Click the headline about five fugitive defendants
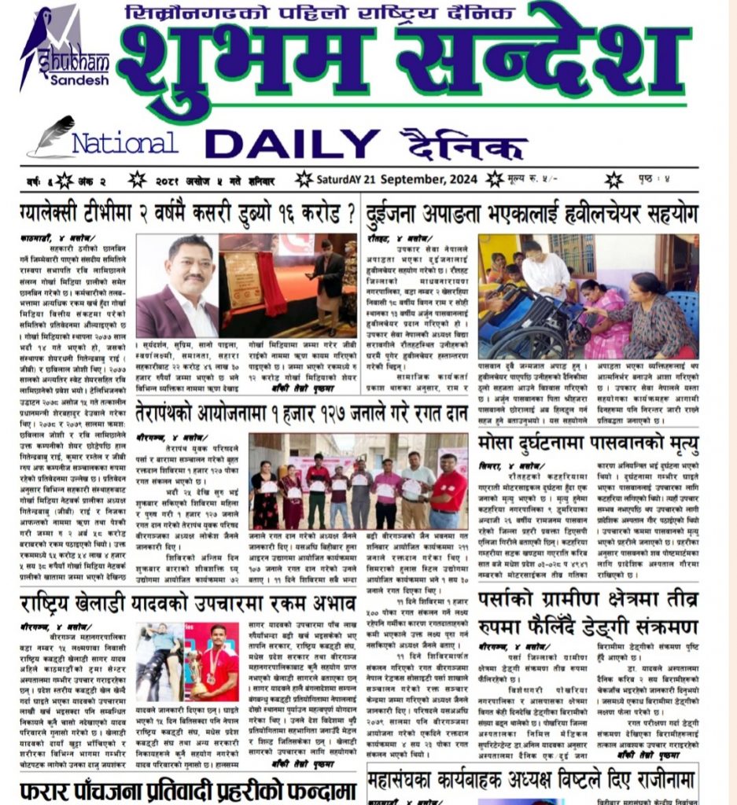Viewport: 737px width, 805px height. (189, 788)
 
